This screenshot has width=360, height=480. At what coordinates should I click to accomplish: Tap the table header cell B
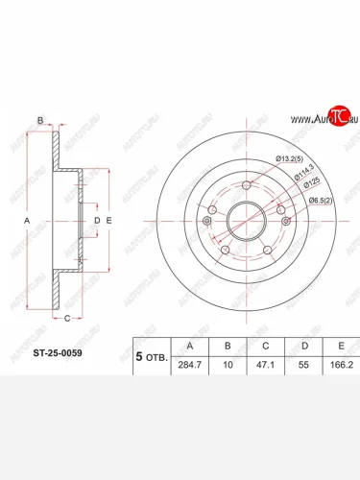click(227, 345)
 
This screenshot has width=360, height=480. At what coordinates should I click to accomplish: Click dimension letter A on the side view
click(27, 221)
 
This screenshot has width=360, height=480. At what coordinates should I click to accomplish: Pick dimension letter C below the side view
click(66, 318)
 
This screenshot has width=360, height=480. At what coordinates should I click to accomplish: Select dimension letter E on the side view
click(109, 221)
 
